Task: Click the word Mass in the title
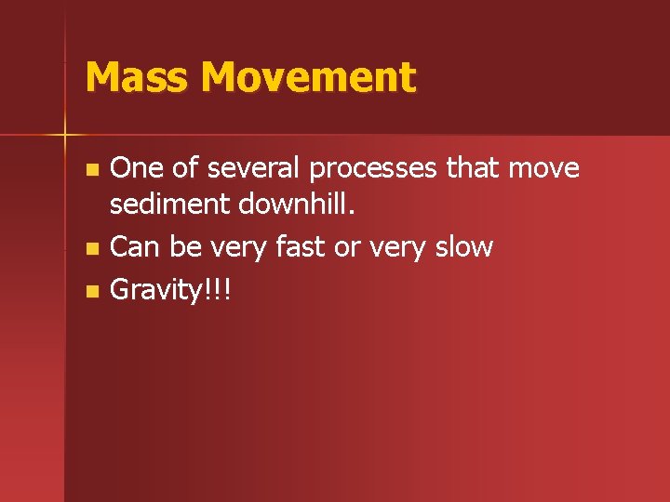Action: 137,77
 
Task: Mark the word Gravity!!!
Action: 170,291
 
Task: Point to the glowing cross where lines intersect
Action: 66,135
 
